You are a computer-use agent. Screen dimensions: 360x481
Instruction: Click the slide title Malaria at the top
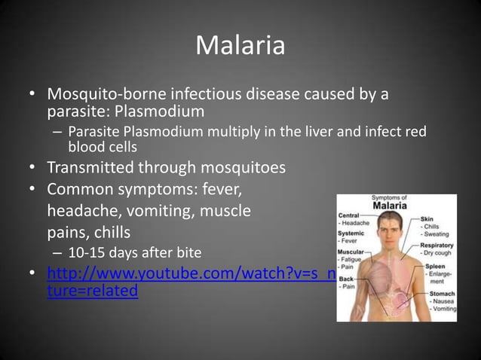pyautogui.click(x=240, y=47)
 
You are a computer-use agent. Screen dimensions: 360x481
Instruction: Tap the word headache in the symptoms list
pyautogui.click(x=81, y=209)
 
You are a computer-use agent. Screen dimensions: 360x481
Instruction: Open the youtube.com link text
pyautogui.click(x=188, y=272)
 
